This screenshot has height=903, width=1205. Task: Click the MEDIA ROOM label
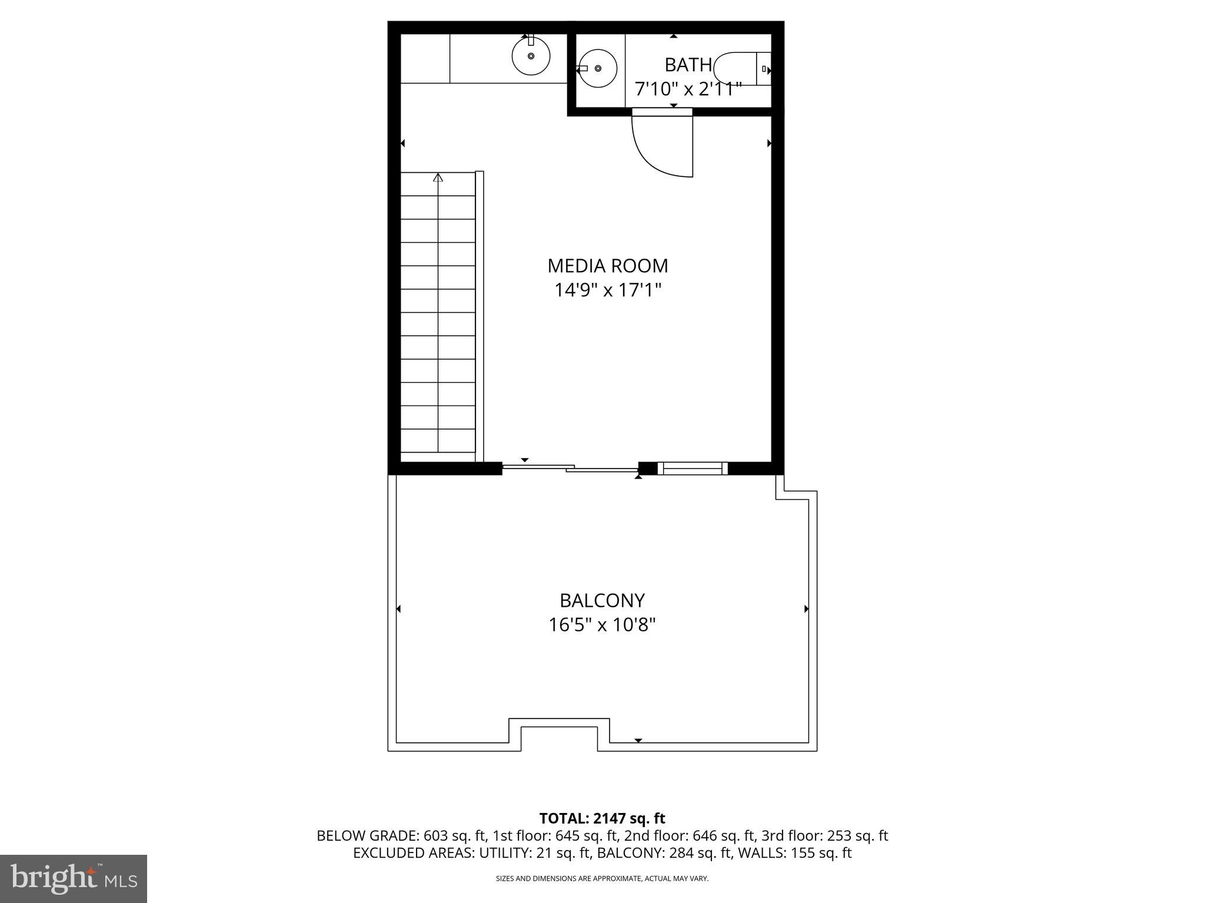608,266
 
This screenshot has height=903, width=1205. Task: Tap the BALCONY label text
602,600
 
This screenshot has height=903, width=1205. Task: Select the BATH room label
688,65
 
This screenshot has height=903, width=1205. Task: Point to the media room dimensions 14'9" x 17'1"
608,290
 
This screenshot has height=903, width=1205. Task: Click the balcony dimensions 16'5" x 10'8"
602,624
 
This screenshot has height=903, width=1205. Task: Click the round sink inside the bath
598,69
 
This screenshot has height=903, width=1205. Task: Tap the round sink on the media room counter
531,56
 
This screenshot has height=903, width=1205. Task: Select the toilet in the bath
740,69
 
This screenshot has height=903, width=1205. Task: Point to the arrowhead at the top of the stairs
438,177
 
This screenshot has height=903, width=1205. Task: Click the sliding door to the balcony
570,468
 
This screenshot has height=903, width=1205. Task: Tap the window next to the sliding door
692,469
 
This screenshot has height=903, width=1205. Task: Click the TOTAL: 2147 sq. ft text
602,818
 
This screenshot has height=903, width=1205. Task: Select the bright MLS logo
74,878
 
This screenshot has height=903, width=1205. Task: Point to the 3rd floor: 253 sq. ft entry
824,836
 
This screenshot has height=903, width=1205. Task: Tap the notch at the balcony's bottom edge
559,735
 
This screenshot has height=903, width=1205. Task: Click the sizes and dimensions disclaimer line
602,878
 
